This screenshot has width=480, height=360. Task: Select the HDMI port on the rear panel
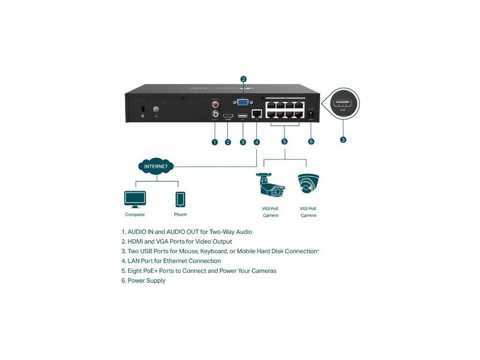[228, 115]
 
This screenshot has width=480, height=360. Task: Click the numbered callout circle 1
[215, 142]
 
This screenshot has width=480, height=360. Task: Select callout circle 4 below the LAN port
[256, 142]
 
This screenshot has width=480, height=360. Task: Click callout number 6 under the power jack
[311, 142]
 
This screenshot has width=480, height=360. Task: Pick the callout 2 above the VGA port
[243, 79]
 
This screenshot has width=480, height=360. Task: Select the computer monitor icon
[135, 199]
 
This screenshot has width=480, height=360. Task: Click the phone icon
[180, 199]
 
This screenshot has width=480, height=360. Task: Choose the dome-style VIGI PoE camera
[308, 184]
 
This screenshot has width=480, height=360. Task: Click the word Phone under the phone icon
[180, 215]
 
